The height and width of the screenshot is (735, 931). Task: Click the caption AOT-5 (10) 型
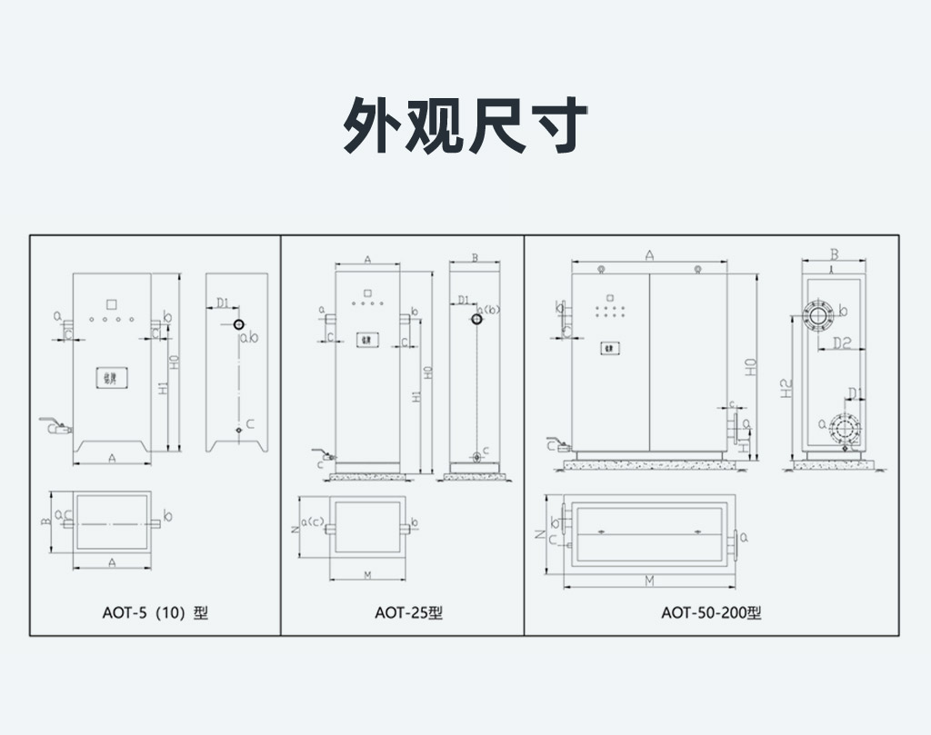[155, 612]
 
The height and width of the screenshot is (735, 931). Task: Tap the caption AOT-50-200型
[711, 612]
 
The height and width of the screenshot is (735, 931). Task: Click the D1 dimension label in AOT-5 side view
[224, 303]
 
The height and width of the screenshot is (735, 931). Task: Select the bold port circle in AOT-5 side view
[238, 324]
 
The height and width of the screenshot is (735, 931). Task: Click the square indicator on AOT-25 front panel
[368, 293]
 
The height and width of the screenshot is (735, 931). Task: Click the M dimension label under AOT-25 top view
[366, 574]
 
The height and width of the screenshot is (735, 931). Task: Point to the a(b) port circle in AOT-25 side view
[476, 319]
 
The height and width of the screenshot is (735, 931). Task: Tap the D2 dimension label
[841, 343]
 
